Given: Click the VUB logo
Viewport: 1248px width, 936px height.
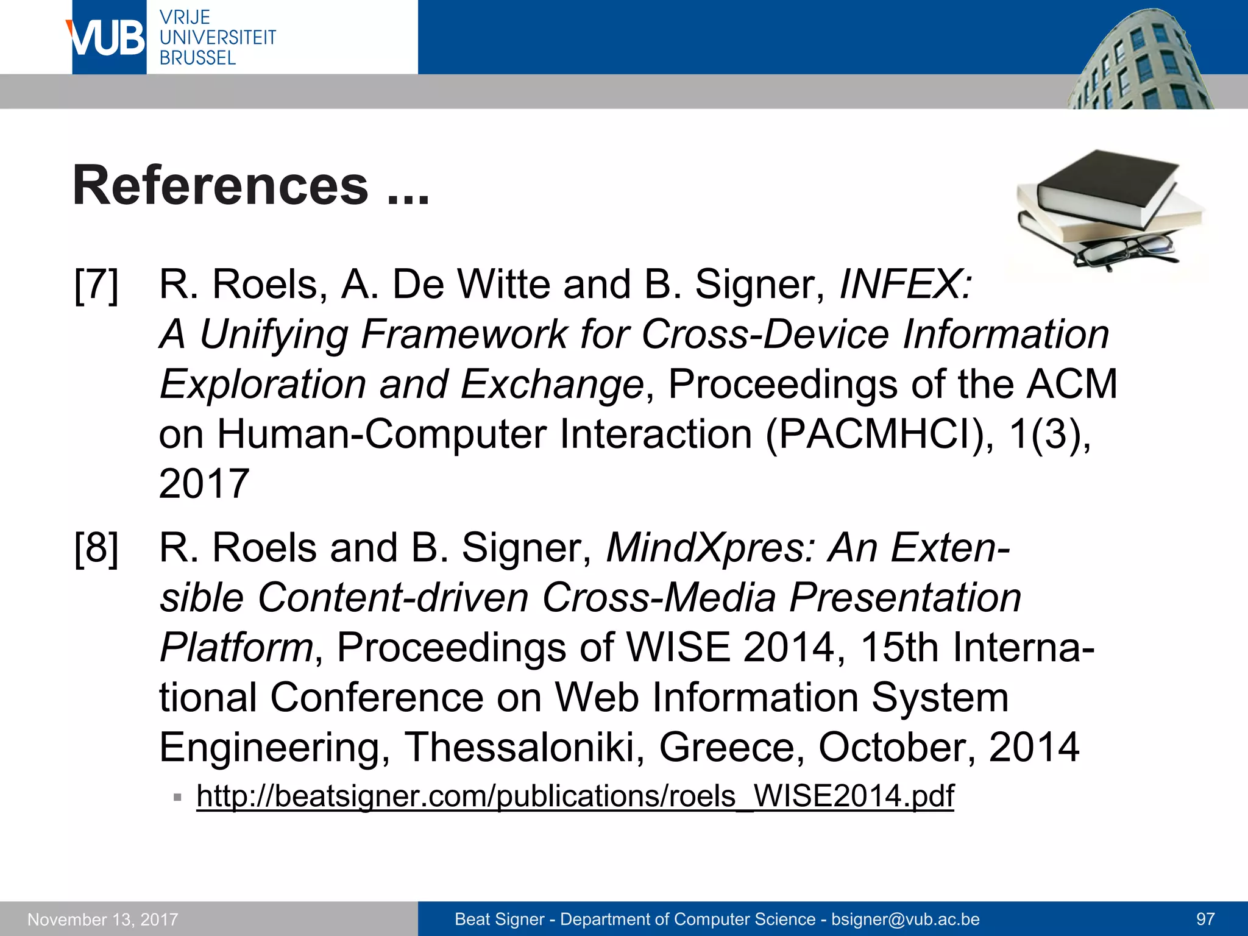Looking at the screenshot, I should (x=108, y=38).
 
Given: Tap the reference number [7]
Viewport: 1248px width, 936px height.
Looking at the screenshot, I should (x=96, y=285).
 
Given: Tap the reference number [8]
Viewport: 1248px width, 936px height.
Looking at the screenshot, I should (x=96, y=548).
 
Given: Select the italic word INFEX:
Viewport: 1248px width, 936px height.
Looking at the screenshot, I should (x=906, y=285).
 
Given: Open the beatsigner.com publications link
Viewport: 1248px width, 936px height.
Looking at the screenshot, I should (x=575, y=796).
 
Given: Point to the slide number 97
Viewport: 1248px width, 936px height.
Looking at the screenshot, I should (x=1205, y=919).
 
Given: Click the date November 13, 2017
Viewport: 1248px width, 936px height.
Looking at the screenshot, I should (x=103, y=919).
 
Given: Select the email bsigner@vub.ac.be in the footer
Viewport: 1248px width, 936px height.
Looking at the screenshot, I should (x=905, y=919).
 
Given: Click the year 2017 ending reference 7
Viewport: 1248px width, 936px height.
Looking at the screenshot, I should (x=204, y=484).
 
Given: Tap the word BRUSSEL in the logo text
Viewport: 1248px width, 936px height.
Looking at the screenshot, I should (x=197, y=58).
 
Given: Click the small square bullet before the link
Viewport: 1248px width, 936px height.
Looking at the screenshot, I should (x=177, y=797).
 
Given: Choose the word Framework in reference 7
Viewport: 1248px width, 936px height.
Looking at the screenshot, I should (x=464, y=335).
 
